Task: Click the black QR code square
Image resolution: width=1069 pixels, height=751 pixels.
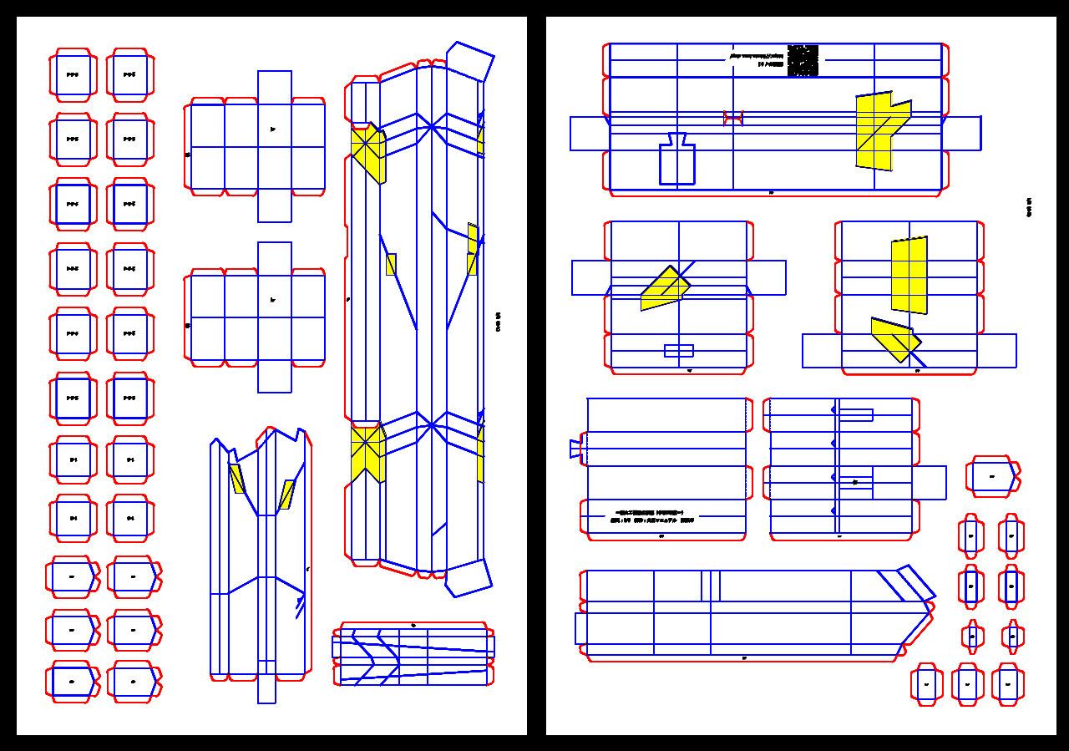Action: point(803,60)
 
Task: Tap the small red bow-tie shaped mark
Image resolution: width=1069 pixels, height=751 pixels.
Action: point(732,119)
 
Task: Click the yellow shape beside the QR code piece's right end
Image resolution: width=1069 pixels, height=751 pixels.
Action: point(880,129)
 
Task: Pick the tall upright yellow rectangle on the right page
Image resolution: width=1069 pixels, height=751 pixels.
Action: point(909,275)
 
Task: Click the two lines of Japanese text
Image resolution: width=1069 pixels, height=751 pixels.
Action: point(655,515)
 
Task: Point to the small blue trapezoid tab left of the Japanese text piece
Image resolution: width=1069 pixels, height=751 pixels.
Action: point(575,449)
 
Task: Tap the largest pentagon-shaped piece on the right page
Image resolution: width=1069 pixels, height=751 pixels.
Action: point(993,477)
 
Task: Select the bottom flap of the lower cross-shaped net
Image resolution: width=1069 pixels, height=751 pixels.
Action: point(275,378)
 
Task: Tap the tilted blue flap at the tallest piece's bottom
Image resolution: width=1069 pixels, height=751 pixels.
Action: point(469,577)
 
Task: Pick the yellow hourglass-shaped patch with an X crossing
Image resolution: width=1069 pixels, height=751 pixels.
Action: point(367,451)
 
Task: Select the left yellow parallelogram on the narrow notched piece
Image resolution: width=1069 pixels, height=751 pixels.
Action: point(237,479)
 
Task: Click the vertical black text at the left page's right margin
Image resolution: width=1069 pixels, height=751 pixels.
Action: point(499,322)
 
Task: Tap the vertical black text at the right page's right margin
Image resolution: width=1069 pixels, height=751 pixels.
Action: point(1029,207)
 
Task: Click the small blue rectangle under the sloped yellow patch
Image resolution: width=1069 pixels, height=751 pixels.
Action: point(678,351)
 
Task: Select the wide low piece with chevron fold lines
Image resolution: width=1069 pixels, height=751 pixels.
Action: point(413,654)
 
